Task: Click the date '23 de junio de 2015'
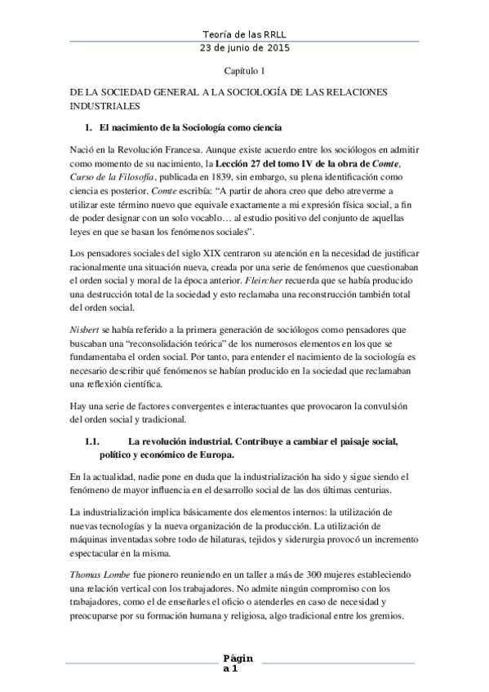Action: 243,49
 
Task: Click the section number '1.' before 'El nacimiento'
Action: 88,129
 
